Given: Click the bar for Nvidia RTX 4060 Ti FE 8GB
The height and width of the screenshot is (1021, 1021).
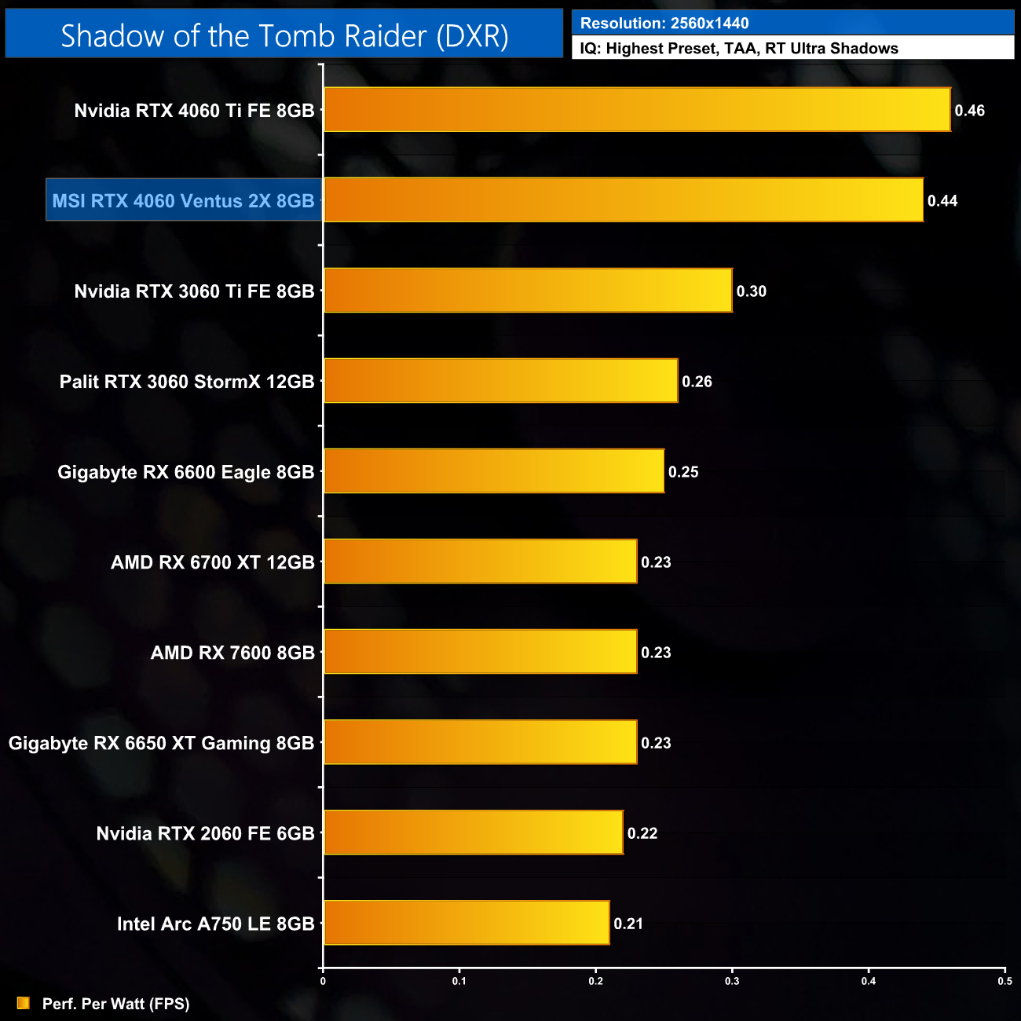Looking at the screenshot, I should tap(636, 110).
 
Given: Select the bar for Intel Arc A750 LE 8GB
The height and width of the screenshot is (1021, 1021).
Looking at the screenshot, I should tap(467, 923).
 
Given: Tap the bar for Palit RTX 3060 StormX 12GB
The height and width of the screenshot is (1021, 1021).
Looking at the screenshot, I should tap(500, 381).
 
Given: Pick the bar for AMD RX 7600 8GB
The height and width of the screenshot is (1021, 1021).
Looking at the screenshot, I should tap(480, 652).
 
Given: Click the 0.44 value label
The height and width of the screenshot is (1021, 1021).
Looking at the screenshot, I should tap(942, 201).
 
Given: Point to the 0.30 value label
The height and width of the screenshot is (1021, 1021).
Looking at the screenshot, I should tap(751, 291).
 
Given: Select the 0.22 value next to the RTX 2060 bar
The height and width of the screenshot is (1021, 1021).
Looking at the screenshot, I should tap(642, 833).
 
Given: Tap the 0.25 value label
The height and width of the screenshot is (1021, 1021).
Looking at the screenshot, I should tap(682, 472).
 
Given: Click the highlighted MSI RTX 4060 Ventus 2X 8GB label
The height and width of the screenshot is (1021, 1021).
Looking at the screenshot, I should tap(184, 201).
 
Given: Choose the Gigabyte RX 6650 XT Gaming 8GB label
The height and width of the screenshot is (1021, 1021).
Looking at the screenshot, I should tap(161, 743).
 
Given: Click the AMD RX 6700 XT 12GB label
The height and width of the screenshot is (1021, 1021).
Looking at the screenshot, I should tap(212, 562).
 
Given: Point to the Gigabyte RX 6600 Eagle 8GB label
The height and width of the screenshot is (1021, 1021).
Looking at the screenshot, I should tap(185, 472).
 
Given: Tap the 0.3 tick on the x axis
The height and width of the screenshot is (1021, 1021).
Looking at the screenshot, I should tap(732, 981).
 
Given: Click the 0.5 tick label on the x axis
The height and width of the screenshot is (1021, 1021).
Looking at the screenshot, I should tap(1005, 981).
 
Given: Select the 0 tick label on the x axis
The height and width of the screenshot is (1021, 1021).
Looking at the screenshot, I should tap(323, 981).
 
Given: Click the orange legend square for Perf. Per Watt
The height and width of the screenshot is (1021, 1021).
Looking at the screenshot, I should tap(24, 1003).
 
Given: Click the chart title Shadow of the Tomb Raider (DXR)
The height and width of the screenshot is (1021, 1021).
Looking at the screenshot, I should tap(284, 36).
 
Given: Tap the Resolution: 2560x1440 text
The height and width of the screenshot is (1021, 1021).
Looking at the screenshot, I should tap(664, 24).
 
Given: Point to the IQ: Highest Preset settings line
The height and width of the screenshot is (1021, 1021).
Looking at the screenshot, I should tap(739, 49).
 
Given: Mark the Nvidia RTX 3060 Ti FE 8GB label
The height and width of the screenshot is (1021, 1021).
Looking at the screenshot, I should tap(194, 291).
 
